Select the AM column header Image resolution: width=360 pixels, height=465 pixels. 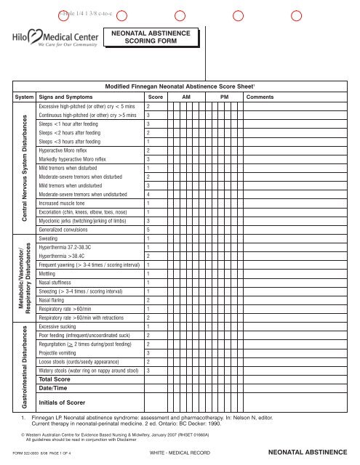coord(186,96)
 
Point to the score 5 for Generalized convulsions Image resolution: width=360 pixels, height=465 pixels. coord(148,230)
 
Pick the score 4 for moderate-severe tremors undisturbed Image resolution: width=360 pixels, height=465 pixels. coord(148,195)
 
